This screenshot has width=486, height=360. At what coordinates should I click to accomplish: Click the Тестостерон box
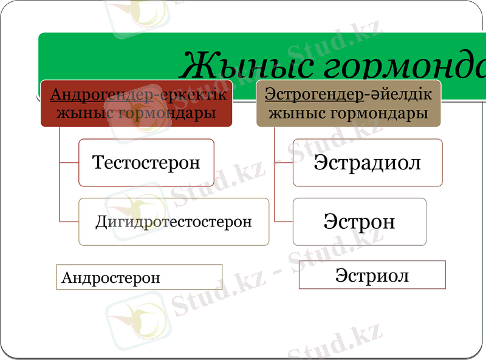click(x=146, y=162)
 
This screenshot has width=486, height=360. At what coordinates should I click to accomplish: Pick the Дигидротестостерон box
click(x=174, y=222)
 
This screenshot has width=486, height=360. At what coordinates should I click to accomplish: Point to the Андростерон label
click(x=139, y=277)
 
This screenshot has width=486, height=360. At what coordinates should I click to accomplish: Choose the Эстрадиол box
click(x=368, y=162)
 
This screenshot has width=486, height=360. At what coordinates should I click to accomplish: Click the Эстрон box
click(x=360, y=222)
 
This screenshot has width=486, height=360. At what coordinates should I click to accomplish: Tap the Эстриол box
click(x=372, y=275)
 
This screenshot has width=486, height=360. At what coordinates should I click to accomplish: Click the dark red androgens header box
click(x=136, y=104)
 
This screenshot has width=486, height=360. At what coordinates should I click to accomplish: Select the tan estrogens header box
click(x=348, y=104)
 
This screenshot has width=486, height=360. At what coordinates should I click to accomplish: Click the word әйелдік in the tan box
click(x=402, y=95)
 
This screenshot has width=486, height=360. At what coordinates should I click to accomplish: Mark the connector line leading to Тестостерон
click(x=69, y=162)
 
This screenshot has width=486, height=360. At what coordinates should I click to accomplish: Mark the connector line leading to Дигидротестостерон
click(x=69, y=222)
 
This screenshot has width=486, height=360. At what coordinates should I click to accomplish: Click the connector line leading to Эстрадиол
click(x=284, y=162)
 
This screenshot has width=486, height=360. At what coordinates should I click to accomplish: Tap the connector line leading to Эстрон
click(x=284, y=222)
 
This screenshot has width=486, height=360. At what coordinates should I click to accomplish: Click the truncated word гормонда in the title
click(x=401, y=66)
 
